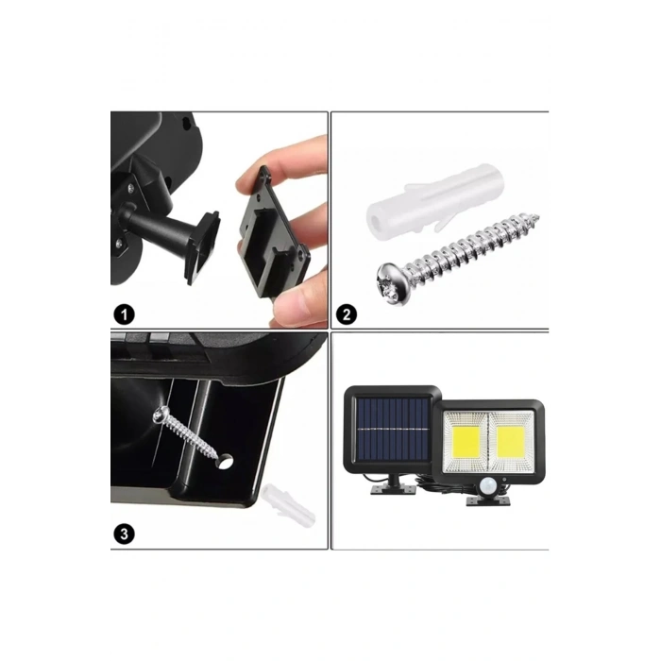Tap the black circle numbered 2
(347, 314)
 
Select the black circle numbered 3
(124, 533)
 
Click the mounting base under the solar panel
(388, 491)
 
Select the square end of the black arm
(203, 245)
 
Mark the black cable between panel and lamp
(444, 492)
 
